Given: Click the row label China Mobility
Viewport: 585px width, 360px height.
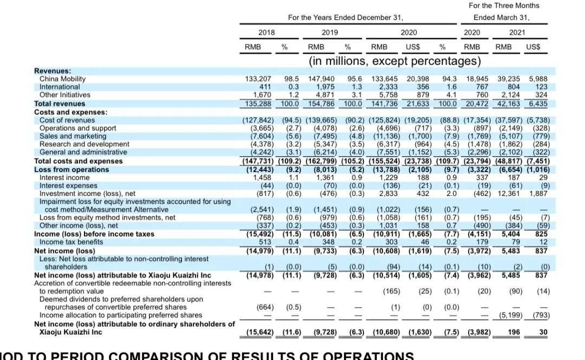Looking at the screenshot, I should pyautogui.click(x=62, y=79).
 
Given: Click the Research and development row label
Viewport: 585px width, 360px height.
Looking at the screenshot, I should pyautogui.click(x=84, y=144).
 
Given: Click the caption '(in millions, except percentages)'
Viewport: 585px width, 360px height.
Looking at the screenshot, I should pyautogui.click(x=394, y=61).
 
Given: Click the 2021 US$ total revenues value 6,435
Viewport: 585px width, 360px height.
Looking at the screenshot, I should pyautogui.click(x=537, y=103).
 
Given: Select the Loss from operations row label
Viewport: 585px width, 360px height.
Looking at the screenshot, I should pyautogui.click(x=63, y=169).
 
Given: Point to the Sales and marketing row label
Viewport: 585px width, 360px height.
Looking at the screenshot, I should pyautogui.click(x=73, y=136).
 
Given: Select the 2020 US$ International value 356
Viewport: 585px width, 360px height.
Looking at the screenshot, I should pyautogui.click(x=419, y=87).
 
